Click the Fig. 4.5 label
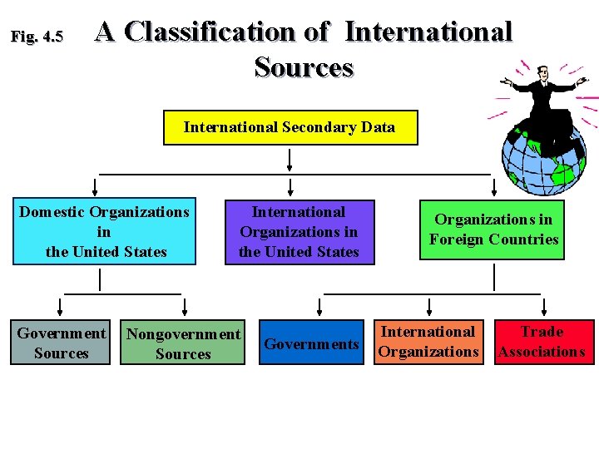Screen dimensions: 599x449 [x=36, y=37]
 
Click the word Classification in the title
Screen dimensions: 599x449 [x=211, y=32]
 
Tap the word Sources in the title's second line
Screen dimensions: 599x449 [x=304, y=67]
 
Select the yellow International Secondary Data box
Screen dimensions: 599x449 [x=290, y=127]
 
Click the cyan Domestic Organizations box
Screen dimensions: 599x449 [x=104, y=232]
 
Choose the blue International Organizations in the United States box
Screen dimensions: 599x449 [x=299, y=232]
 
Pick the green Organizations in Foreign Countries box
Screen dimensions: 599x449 [x=493, y=230]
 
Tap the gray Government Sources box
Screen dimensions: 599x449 [x=61, y=343]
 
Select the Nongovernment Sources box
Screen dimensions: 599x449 [x=183, y=344]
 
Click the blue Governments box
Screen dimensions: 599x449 [x=311, y=343]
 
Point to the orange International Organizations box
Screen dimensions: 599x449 [x=428, y=342]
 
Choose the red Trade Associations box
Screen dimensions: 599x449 [x=542, y=342]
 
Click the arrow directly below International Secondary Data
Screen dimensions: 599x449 [x=290, y=158]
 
